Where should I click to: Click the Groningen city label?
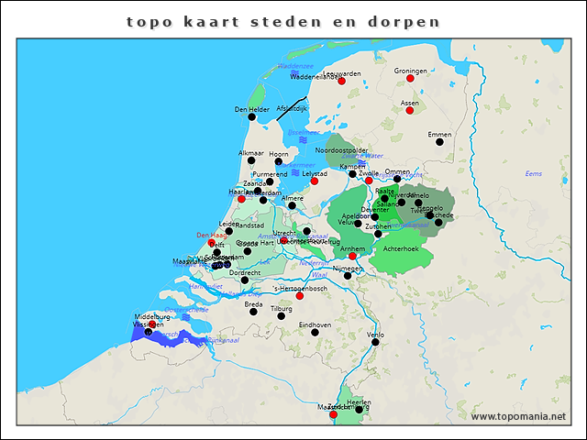pos(411,71)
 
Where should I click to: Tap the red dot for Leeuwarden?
pos(341,82)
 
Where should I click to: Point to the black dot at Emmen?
pos(439,141)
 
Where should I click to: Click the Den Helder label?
pos(251,110)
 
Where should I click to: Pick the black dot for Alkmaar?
pos(250,160)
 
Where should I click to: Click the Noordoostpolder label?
pos(341,149)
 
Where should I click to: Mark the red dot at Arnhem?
pos(352,256)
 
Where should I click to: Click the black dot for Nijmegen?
pos(347,275)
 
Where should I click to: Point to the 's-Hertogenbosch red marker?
pos(300,295)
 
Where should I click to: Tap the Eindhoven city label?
pos(315,324)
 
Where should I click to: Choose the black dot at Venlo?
pos(374,341)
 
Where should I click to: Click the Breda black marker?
pos(254,311)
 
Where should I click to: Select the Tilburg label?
pos(281,309)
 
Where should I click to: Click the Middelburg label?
pos(152,317)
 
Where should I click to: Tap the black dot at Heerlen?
pos(360,409)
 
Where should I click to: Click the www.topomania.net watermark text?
pos(518,416)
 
